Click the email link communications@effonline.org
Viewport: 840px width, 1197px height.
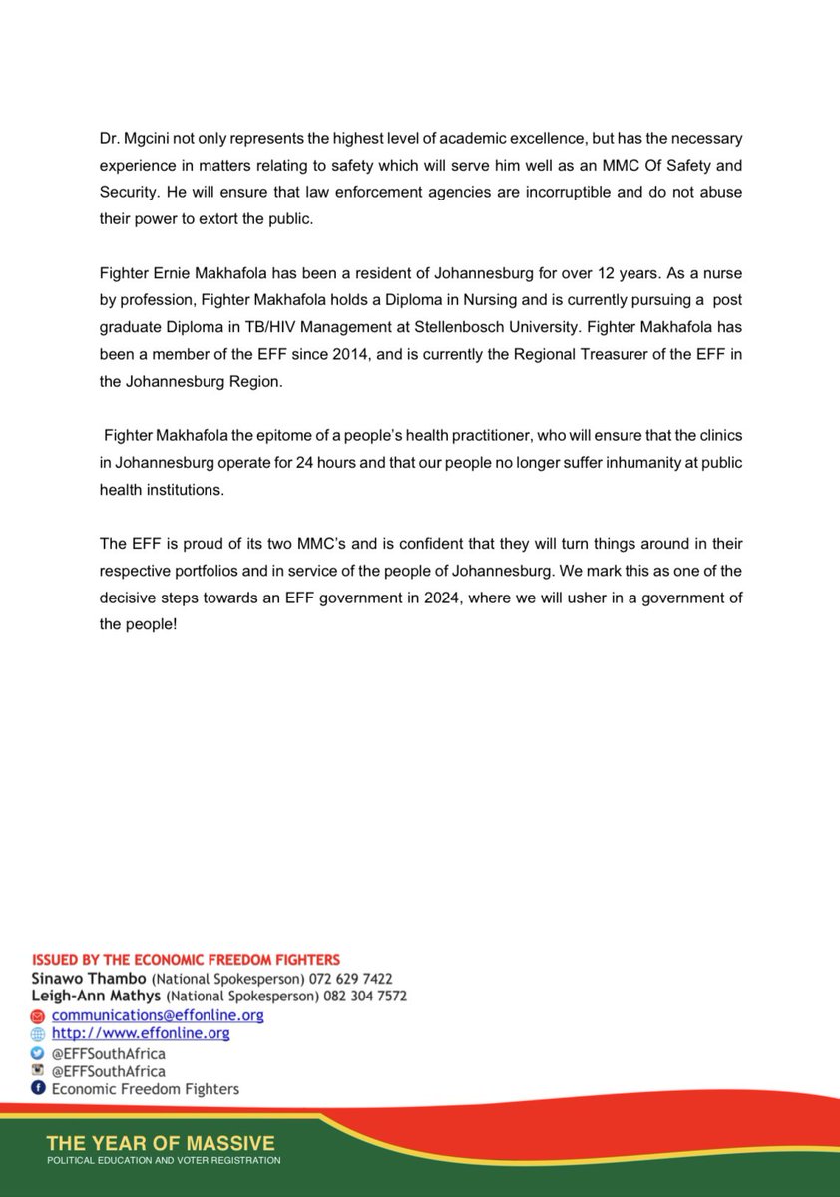158,1015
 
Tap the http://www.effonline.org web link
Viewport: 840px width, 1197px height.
141,1033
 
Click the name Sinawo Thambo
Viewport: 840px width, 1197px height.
88,979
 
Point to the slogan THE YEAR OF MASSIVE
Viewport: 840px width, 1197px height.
161,1143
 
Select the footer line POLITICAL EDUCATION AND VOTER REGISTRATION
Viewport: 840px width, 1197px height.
164,1161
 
